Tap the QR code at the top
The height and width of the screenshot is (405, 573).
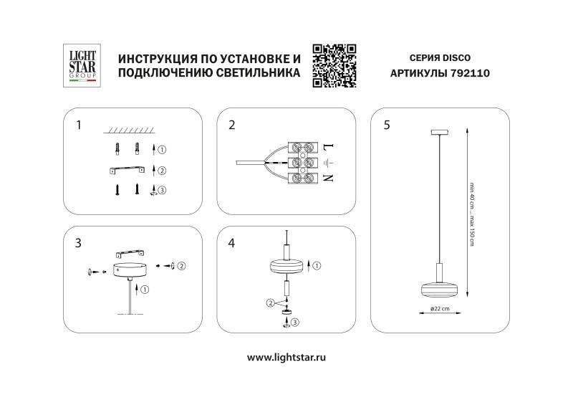click(334, 65)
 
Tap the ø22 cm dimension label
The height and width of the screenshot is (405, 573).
click(440, 309)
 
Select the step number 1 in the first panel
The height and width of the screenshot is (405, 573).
click(79, 125)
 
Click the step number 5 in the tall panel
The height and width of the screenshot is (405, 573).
click(387, 125)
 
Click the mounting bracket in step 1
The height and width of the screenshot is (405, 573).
click(127, 170)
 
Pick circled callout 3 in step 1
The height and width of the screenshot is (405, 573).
click(162, 190)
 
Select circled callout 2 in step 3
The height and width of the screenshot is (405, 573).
click(182, 266)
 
